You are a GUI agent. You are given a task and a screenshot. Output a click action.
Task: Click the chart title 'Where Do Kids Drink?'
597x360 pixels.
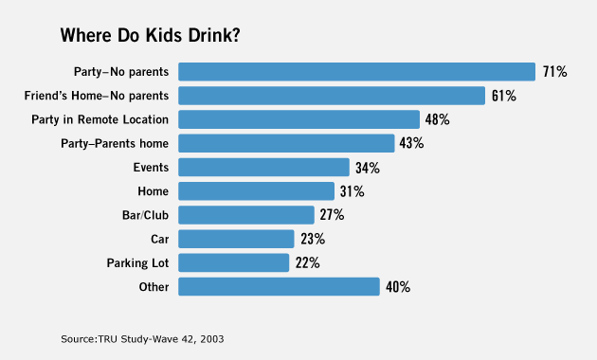tap(150, 35)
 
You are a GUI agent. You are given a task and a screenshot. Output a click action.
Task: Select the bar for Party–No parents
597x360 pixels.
tap(356, 72)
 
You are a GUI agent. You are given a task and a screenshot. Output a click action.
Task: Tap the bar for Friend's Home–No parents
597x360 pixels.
tap(332, 96)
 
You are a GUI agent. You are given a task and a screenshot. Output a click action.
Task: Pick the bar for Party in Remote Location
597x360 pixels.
tap(298, 119)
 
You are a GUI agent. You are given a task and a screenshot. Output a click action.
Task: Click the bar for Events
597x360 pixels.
tap(263, 168)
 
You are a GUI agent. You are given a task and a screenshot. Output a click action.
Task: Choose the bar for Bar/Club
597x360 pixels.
tap(246, 215)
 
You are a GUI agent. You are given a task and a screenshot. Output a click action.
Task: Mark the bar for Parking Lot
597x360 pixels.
tap(234, 262)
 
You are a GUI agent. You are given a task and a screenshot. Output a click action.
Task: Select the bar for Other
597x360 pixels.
tap(280, 286)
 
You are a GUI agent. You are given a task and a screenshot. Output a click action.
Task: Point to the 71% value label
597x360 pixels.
tap(554, 72)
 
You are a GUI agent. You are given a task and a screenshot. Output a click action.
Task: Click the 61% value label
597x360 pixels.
tap(504, 96)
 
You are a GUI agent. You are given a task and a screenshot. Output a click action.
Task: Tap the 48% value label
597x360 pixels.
tap(438, 119)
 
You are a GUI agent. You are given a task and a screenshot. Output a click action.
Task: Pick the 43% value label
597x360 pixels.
tap(411, 143)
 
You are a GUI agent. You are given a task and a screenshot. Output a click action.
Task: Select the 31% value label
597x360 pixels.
tap(353, 191)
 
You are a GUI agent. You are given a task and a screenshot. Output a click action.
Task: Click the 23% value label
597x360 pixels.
tap(313, 239)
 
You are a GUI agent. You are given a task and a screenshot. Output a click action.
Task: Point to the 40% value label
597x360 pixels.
tap(398, 286)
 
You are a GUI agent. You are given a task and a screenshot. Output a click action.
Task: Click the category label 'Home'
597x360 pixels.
tap(154, 191)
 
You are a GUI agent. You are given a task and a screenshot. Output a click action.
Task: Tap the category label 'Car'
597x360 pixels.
tap(159, 239)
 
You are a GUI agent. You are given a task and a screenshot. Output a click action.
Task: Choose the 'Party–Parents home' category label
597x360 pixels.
tap(115, 143)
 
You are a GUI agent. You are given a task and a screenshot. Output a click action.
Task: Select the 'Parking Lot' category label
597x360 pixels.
tap(137, 263)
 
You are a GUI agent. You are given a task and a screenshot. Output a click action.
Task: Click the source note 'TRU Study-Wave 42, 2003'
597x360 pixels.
tap(161, 339)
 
